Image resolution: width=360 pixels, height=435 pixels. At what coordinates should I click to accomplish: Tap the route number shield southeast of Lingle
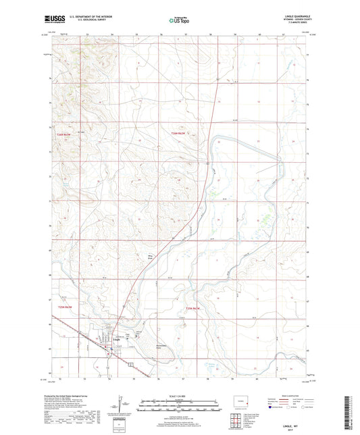point(132,363)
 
